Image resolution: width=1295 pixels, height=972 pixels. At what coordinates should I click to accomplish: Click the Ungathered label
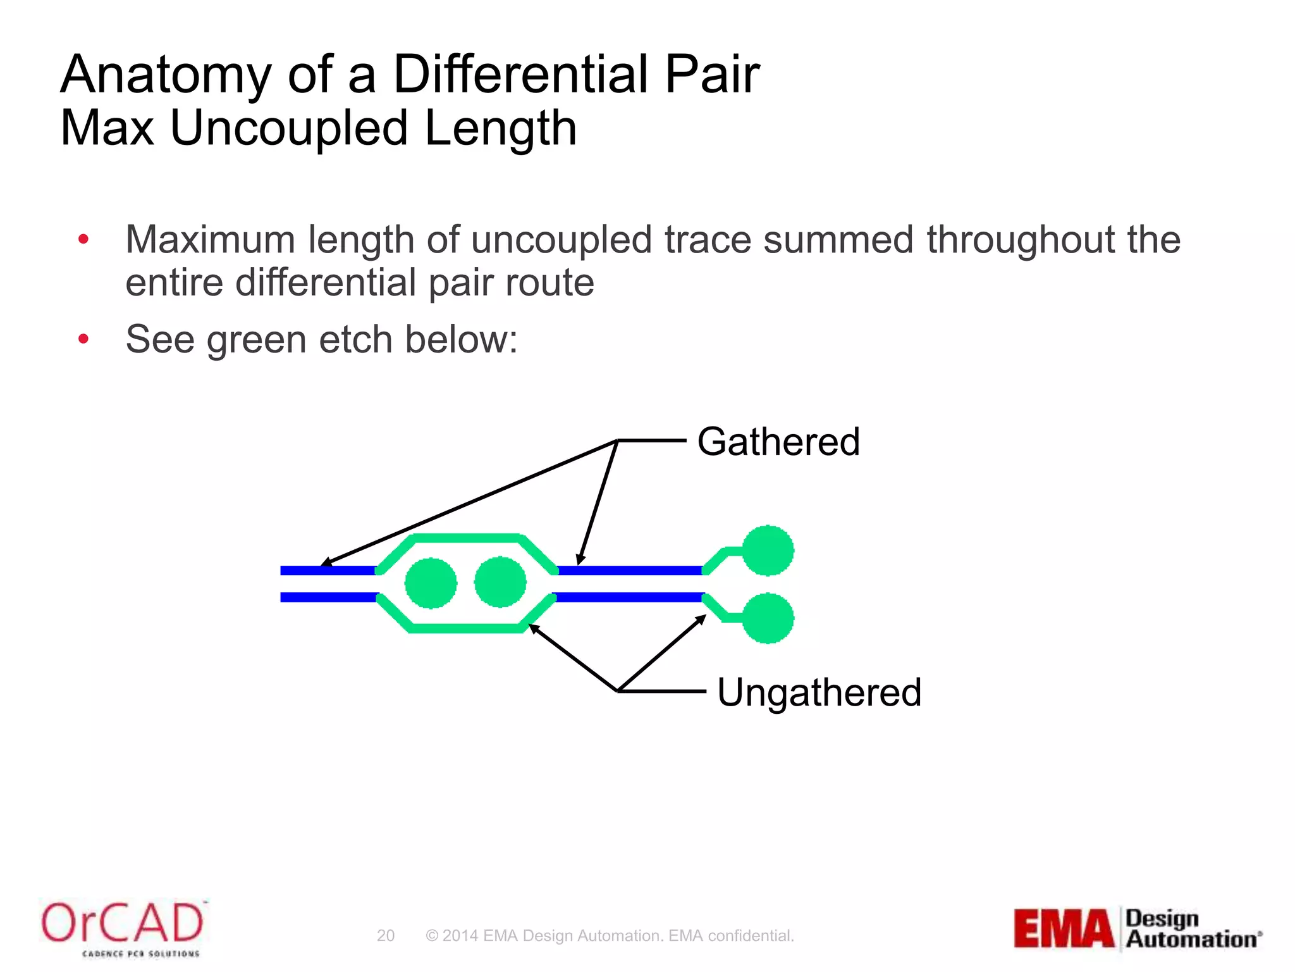coord(819,692)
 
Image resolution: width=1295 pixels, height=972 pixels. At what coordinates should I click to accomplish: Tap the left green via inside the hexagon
coord(431,583)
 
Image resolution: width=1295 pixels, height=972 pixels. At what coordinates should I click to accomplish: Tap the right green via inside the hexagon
coord(500,582)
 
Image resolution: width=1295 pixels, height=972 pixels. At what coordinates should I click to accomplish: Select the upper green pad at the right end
coord(768,551)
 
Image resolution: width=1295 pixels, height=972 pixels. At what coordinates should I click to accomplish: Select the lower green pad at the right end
coord(768,618)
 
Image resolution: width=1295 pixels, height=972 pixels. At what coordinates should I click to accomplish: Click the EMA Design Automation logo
coord(1138,928)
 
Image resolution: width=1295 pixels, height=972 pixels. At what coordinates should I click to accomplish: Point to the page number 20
coord(386,935)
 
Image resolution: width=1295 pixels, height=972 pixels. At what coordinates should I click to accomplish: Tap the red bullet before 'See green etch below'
coord(83,339)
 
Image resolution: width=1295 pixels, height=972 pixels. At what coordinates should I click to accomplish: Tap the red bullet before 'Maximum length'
coord(83,239)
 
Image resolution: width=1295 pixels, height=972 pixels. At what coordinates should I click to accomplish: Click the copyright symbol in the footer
coord(432,935)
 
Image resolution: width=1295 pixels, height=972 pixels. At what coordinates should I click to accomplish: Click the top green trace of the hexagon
coord(467,539)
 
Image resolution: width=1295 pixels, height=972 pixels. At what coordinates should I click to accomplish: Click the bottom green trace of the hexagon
coord(467,628)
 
